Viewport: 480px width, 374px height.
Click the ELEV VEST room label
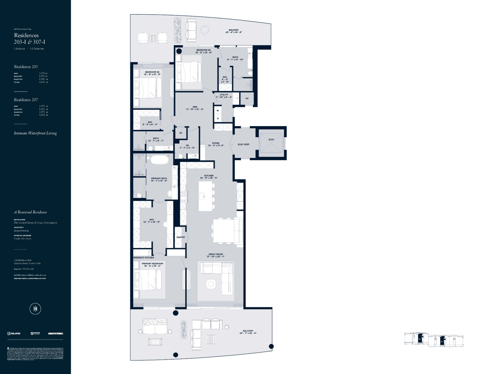[243, 144]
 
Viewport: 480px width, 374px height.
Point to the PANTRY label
[181, 237]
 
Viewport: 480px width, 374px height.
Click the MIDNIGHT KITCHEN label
[144, 258]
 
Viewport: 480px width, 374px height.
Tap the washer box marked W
[217, 111]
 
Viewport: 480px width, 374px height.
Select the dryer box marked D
[217, 119]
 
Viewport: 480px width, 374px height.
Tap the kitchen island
[205, 196]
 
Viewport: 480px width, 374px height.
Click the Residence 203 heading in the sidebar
[26, 67]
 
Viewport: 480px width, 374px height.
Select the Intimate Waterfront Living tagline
[35, 133]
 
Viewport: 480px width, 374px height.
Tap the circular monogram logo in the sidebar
[35, 309]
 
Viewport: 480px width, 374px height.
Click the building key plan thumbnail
[433, 339]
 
